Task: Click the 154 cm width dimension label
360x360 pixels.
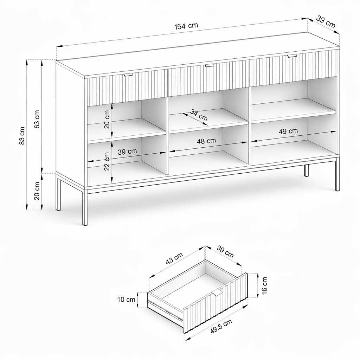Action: point(186,26)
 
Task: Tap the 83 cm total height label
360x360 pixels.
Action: point(22,136)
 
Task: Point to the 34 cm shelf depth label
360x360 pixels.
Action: point(199,115)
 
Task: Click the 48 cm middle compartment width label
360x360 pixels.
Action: point(206,141)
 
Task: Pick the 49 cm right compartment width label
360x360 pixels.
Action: point(288,131)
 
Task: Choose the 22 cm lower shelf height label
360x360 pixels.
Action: point(107,161)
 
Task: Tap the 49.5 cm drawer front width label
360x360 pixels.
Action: point(221,326)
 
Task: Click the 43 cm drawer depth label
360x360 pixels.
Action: point(174,258)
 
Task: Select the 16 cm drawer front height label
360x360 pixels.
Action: point(264,285)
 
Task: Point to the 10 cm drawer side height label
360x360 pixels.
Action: point(126,300)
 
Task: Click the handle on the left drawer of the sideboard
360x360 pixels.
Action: point(129,75)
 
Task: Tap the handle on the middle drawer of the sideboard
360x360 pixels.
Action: point(209,66)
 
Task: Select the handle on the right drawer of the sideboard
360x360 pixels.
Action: point(292,56)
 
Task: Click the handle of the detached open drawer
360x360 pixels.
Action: point(217,293)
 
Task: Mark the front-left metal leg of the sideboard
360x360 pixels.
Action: point(85,207)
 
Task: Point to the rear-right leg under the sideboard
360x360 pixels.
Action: point(306,171)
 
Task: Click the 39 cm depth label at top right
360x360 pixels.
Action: point(326,22)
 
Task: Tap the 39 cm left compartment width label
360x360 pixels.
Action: point(127,152)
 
